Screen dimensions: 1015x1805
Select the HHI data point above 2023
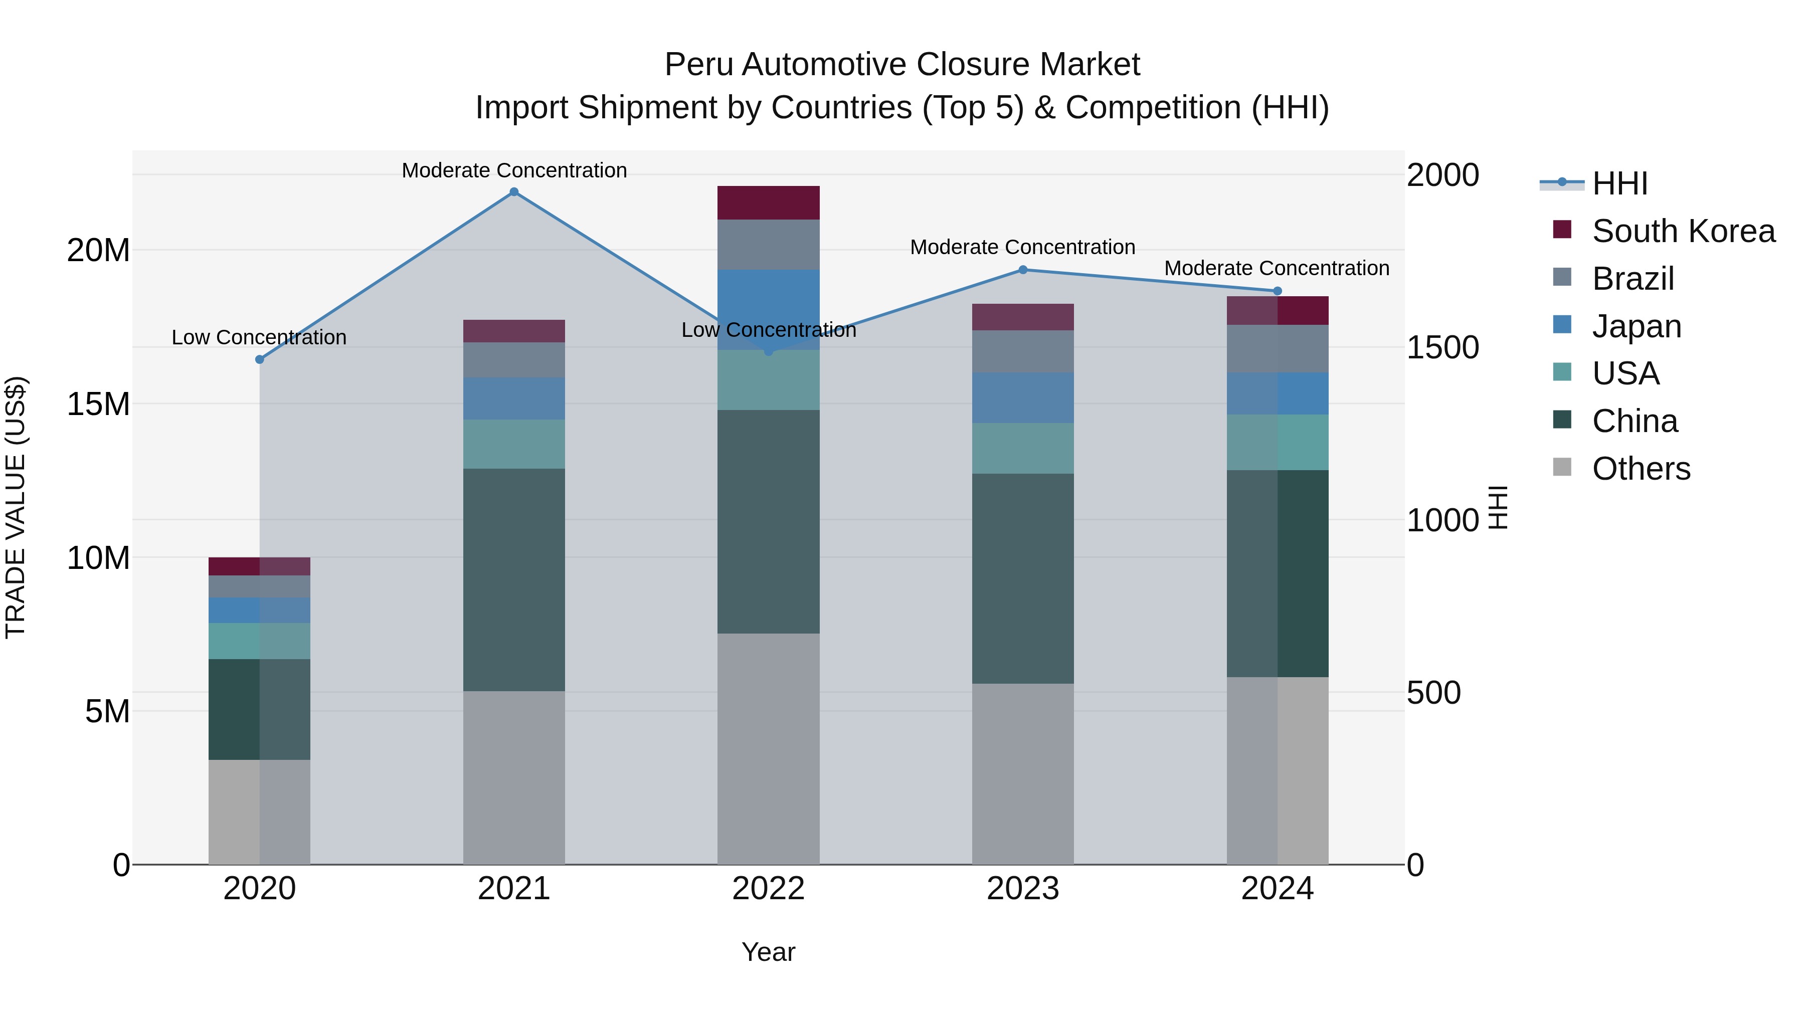pyautogui.click(x=1022, y=270)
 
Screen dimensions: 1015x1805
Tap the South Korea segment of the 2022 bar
pyautogui.click(x=768, y=202)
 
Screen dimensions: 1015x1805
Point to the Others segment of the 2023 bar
pyautogui.click(x=1022, y=773)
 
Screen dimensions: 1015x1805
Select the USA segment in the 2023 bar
pyautogui.click(x=1022, y=448)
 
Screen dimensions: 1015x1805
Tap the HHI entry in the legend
pyautogui.click(x=1618, y=183)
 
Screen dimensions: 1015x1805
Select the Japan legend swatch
pyautogui.click(x=1562, y=325)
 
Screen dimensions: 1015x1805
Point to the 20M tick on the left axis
pyautogui.click(x=98, y=250)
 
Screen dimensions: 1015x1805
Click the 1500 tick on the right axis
pyautogui.click(x=1442, y=347)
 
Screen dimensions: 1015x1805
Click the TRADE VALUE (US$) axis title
pyautogui.click(x=16, y=507)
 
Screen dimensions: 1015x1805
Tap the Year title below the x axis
pyautogui.click(x=768, y=952)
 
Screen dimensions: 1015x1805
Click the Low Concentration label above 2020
pyautogui.click(x=259, y=338)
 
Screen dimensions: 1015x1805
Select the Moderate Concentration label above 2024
pyautogui.click(x=1276, y=268)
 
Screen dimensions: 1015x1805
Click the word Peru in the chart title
pyautogui.click(x=698, y=65)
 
